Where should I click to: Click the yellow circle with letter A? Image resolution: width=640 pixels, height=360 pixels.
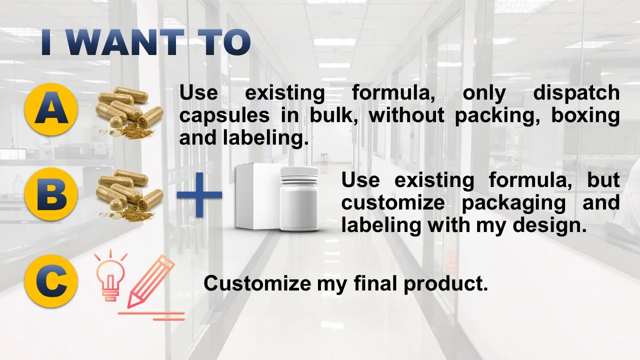click(51, 108)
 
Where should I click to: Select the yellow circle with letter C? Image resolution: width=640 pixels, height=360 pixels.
click(51, 282)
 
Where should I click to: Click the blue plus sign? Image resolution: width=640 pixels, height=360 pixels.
click(199, 195)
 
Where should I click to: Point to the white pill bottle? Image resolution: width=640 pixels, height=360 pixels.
click(299, 200)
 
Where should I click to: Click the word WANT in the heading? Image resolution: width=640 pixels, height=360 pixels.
click(125, 42)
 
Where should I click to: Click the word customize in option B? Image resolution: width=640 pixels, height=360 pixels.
click(392, 203)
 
